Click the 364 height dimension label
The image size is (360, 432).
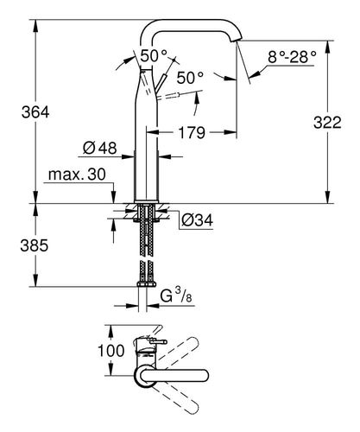pos(35,112)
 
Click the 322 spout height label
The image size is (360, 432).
pos(327,123)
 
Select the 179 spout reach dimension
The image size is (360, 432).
pos(192,133)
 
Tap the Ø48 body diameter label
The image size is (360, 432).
pos(100,149)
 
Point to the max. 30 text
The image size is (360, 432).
pos(77,175)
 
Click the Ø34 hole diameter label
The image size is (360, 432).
pos(198,220)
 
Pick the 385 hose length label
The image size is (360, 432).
pos(35,245)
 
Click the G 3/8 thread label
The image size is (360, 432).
pos(176,295)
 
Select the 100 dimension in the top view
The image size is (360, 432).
pos(111,351)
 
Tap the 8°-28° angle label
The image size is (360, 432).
pos(292,57)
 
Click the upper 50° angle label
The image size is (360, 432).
pos(154,55)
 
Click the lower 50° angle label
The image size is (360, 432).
pos(190,78)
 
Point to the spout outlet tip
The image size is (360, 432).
pos(238,40)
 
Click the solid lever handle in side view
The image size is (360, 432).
pos(161,84)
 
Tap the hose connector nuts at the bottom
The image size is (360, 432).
pos(147,284)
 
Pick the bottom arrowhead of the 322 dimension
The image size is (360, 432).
pos(327,197)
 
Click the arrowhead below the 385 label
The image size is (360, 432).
pos(35,280)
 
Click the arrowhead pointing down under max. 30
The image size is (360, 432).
pos(114,197)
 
